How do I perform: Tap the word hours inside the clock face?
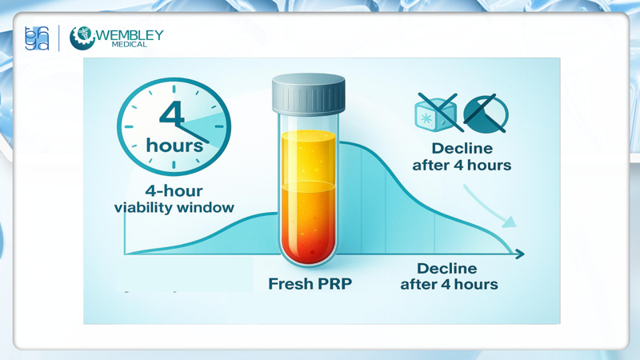coord(174,146)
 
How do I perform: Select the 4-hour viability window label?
coord(174,199)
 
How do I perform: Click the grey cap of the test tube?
coord(308,95)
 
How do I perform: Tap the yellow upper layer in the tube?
coord(308,156)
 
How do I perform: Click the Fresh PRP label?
coord(310,284)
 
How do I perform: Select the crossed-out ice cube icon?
coord(436,113)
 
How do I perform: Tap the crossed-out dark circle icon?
coord(486,113)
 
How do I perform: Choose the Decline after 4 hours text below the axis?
coord(448,276)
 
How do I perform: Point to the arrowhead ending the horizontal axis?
coord(520,254)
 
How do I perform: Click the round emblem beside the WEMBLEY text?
coord(82,38)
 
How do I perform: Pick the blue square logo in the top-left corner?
coord(37,38)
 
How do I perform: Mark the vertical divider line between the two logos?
coord(60,38)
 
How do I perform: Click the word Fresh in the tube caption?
coord(290,284)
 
